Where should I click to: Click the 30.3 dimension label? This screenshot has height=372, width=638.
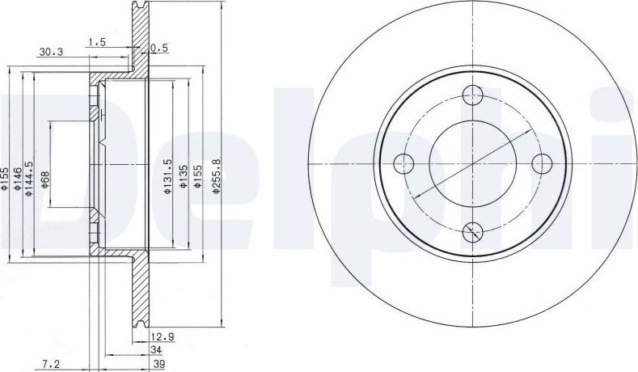click(51, 53)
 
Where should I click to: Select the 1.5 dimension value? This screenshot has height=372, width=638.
click(97, 41)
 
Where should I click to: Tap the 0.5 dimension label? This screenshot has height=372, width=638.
click(159, 48)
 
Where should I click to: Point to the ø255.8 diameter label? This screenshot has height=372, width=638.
click(216, 175)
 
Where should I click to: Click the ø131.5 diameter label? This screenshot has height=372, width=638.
click(167, 175)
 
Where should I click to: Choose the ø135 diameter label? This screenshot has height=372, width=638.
click(183, 175)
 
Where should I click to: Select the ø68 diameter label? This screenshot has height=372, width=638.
click(44, 180)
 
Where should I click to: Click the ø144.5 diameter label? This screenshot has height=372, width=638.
click(28, 179)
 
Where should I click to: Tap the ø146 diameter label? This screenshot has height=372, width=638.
click(17, 179)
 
